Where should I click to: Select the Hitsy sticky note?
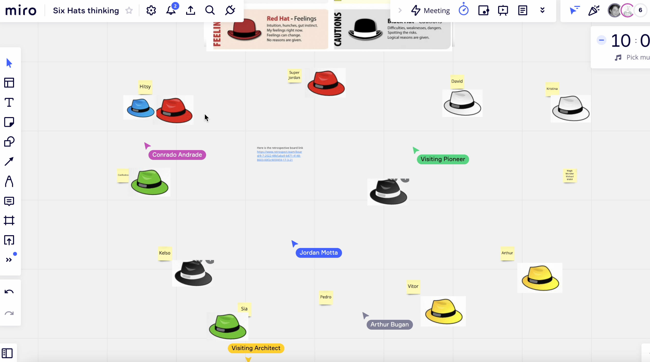point(145,87)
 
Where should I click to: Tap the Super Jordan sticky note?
point(294,75)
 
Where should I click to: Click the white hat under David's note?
point(462,103)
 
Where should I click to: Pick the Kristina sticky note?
point(552,89)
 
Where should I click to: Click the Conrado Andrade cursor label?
point(177,155)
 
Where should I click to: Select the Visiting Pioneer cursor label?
point(443,159)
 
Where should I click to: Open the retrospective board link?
point(279,156)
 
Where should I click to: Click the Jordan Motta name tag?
point(318,253)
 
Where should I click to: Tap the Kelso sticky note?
point(164,253)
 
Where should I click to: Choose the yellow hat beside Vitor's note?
point(443,312)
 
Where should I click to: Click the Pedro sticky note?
point(326,297)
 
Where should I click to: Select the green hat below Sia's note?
point(227,327)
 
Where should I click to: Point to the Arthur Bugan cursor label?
point(389,324)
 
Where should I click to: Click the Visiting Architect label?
point(256,348)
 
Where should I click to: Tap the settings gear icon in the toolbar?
point(151,10)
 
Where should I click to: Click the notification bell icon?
point(171,10)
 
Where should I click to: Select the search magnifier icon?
point(210,10)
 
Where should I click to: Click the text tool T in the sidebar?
point(9,103)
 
